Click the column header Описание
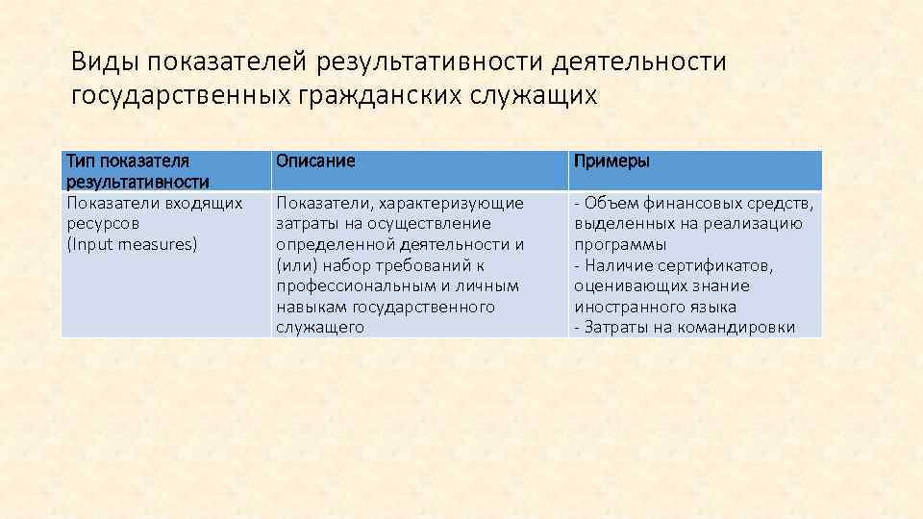(x=315, y=161)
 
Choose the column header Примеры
(x=611, y=161)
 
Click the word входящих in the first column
(x=206, y=203)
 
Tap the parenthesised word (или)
(x=294, y=265)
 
